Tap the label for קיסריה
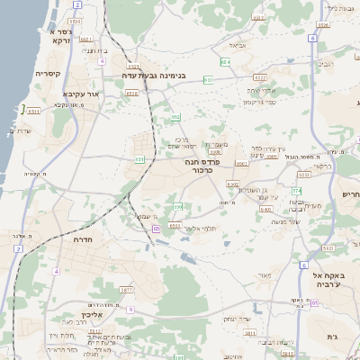47,73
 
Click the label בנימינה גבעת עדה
157,76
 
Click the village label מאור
263,274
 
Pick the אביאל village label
237,45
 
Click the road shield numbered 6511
34,111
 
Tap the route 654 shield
225,61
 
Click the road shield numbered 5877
126,290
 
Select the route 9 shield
130,310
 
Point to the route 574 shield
296,191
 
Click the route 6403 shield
265,209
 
